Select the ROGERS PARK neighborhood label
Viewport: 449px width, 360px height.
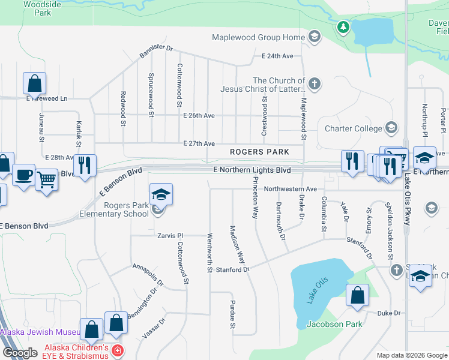tap(259, 152)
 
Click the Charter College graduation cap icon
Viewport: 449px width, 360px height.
tap(391, 128)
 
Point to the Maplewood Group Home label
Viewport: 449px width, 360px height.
tap(258, 38)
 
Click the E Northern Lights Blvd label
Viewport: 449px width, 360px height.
tap(252, 170)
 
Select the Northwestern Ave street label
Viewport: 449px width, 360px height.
tap(290, 188)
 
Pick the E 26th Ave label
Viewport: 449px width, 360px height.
tap(199, 115)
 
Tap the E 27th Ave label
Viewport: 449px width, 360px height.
tap(199, 144)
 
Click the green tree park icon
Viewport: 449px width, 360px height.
tap(343, 26)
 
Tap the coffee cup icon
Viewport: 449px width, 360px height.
tap(23, 175)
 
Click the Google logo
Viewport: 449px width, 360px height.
tap(19, 353)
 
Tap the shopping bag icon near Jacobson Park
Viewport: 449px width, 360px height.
tap(357, 295)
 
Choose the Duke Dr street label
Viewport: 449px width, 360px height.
tap(388, 313)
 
